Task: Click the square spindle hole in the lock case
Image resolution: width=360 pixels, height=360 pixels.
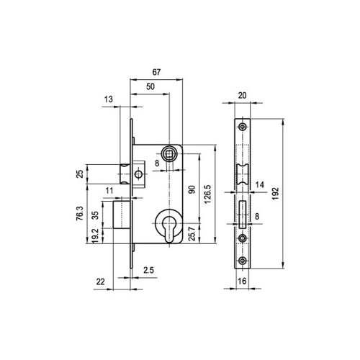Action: pyautogui.click(x=171, y=153)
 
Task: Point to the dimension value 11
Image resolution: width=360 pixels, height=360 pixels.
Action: pyautogui.click(x=108, y=191)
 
